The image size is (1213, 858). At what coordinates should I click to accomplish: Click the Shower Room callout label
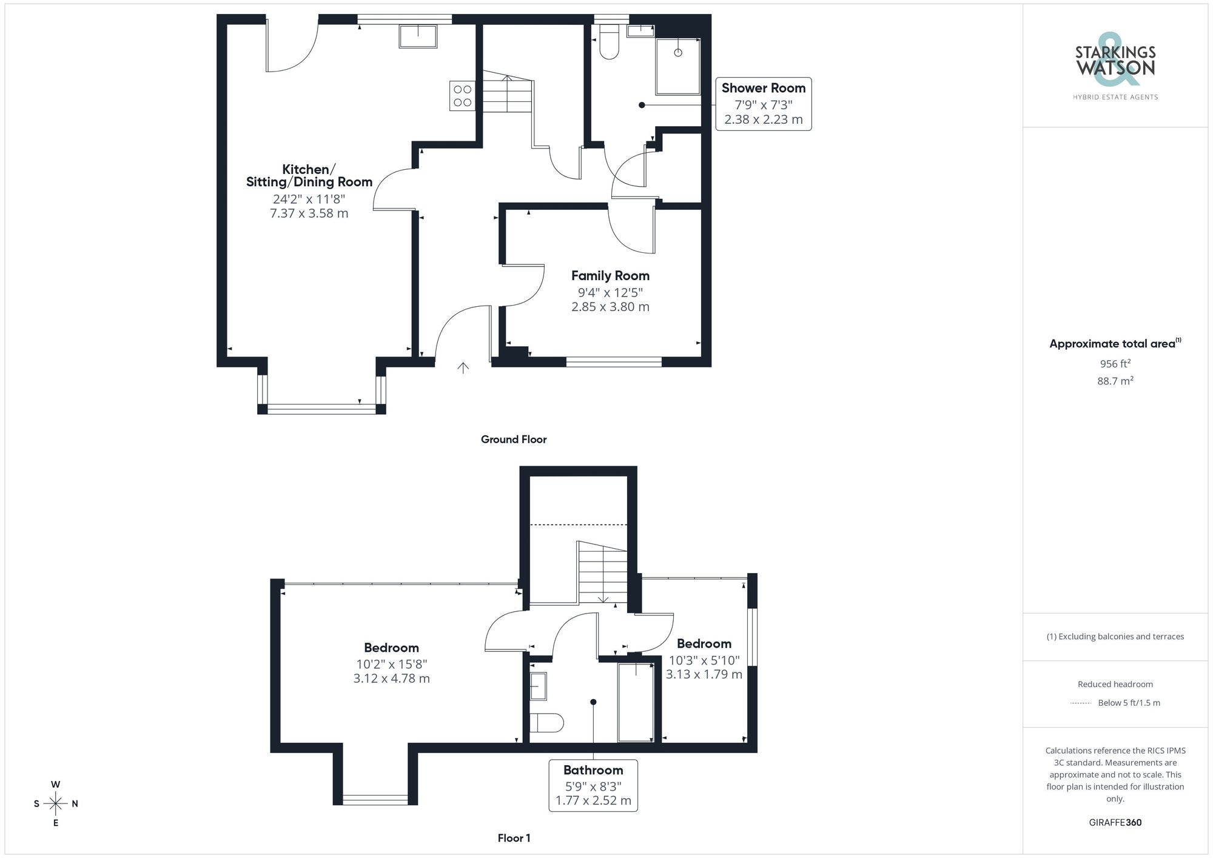[x=763, y=104]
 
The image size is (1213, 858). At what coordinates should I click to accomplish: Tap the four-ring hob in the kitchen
[x=462, y=96]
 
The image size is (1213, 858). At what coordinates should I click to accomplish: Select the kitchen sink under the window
[x=418, y=36]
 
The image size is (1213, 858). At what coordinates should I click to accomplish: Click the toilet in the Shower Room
[x=608, y=44]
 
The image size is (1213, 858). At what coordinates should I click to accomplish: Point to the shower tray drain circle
[x=678, y=53]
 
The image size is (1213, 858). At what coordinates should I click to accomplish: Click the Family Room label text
[x=610, y=276]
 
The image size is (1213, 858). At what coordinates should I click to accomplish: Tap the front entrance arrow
[x=463, y=367]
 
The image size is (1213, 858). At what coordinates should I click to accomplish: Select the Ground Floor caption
[x=514, y=440]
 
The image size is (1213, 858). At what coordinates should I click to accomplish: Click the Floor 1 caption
[x=514, y=838]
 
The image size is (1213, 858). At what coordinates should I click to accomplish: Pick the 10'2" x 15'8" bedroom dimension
[x=391, y=664]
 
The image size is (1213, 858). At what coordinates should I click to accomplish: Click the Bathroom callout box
[x=593, y=785]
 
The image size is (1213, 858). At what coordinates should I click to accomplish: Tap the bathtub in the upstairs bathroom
[x=635, y=702]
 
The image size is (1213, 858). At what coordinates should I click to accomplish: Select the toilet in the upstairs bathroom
[x=546, y=723]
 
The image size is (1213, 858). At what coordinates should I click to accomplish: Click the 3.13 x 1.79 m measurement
[x=704, y=674]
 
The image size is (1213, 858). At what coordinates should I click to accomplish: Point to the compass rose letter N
[x=75, y=804]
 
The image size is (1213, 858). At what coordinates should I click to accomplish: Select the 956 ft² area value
[x=1115, y=364]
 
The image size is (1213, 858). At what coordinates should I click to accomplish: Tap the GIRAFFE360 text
[x=1115, y=823]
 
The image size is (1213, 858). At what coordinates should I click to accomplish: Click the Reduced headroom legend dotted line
[x=1081, y=703]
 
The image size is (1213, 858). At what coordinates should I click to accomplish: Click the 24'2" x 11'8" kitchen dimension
[x=309, y=199]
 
